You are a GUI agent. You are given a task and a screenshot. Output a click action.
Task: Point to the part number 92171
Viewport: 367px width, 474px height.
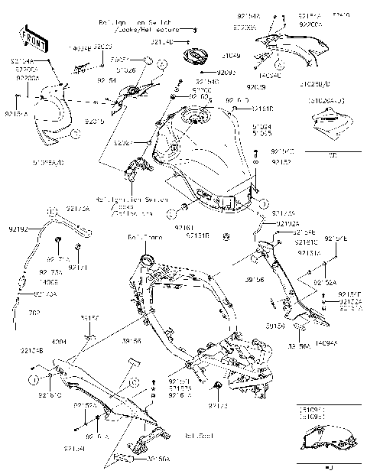tap(80, 268)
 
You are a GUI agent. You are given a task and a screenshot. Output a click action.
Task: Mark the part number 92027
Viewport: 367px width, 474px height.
tap(124, 143)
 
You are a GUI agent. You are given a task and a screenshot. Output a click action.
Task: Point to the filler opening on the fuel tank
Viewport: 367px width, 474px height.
tap(197, 118)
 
